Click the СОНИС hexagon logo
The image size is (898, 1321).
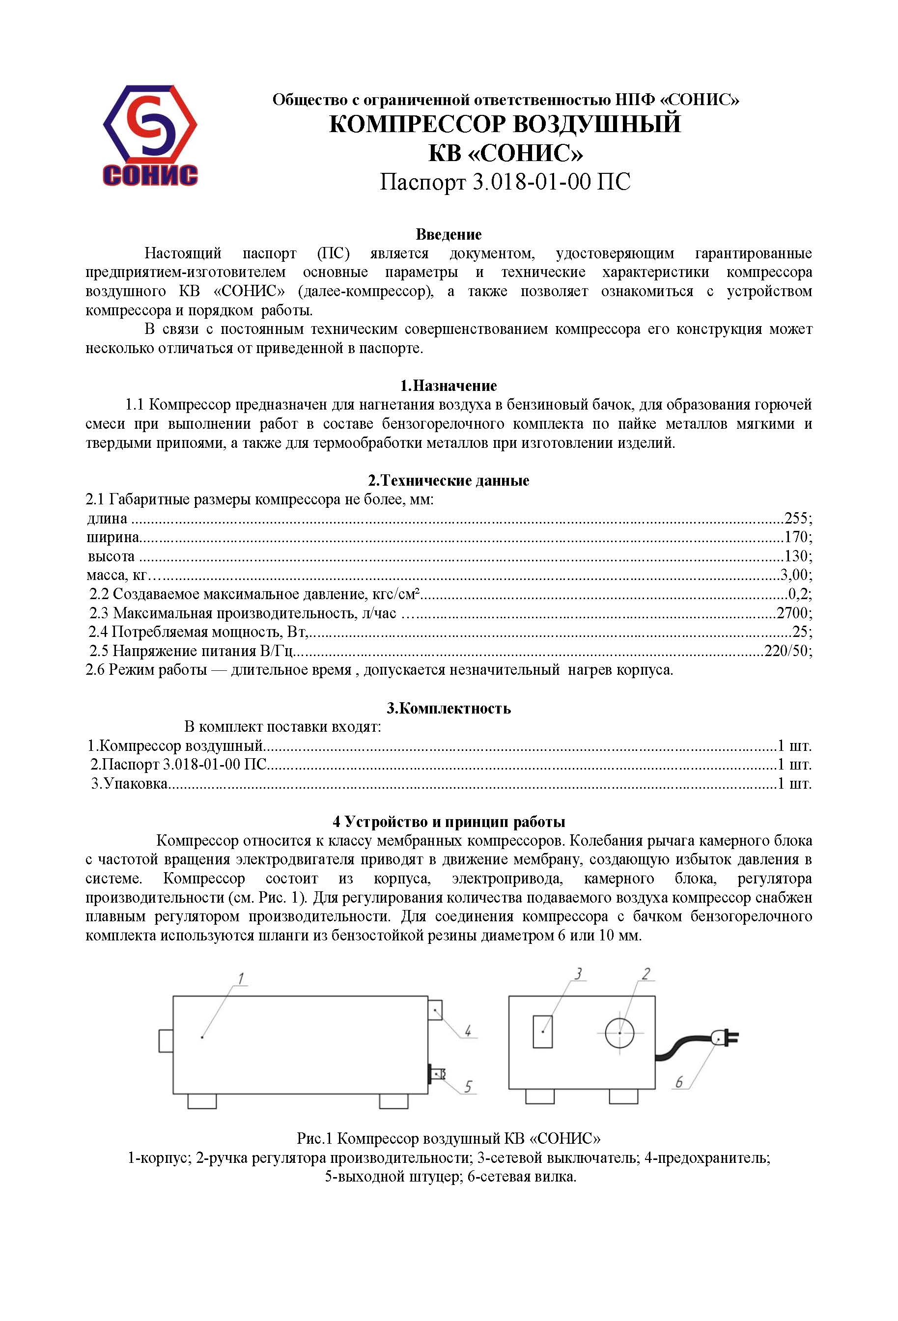150,135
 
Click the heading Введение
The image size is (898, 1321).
449,234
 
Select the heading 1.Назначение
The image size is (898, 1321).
449,386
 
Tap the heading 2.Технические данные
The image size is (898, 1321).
449,480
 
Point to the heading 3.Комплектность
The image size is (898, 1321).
449,708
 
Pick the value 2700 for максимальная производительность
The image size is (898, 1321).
792,613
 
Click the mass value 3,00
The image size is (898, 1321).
794,575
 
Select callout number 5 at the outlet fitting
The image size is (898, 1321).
468,1087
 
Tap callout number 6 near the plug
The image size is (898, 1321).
678,1082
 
